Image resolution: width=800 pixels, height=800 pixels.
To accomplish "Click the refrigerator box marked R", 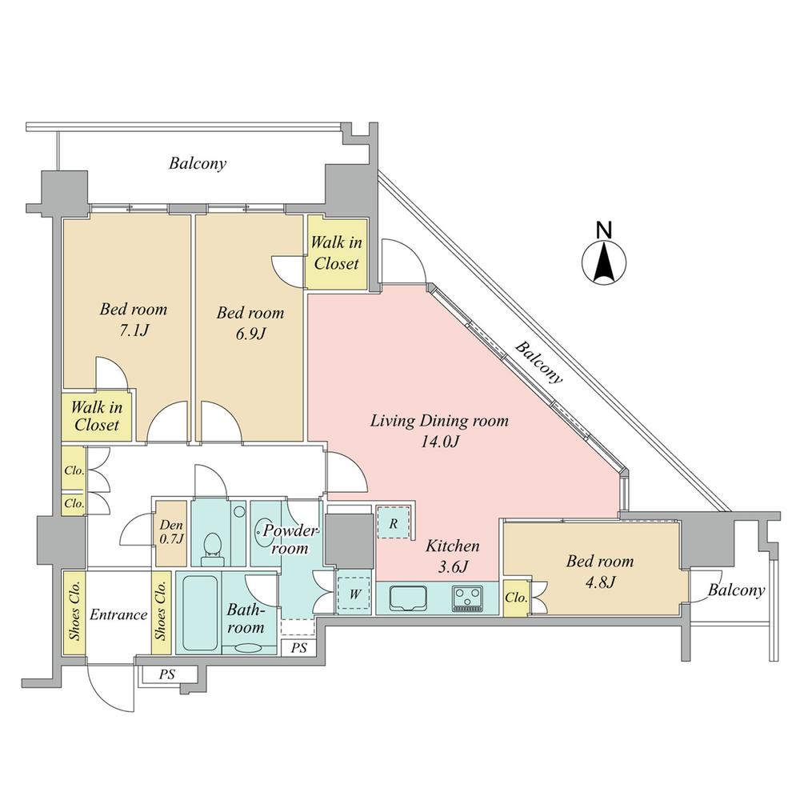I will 394,524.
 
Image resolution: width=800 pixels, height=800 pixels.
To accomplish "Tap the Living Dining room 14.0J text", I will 438,430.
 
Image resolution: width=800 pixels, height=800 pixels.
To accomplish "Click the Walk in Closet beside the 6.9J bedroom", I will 336,252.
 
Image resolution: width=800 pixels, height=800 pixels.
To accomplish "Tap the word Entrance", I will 118,614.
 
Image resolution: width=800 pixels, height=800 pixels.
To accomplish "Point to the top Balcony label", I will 198,164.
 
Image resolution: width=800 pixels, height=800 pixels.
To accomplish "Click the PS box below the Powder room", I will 298,647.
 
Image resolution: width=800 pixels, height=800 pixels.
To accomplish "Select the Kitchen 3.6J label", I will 453,556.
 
